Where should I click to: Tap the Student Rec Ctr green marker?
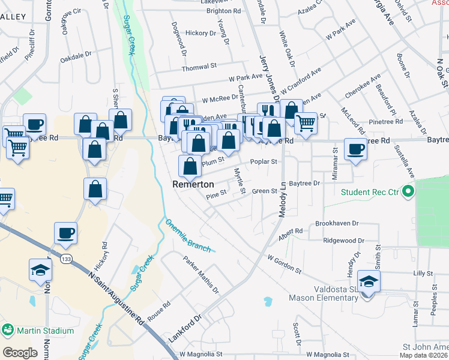409,193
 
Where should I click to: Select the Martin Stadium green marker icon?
8,330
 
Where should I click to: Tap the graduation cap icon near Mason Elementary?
368,280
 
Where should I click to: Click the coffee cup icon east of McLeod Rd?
355,149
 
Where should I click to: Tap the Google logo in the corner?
20,353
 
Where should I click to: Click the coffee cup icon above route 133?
65,233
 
